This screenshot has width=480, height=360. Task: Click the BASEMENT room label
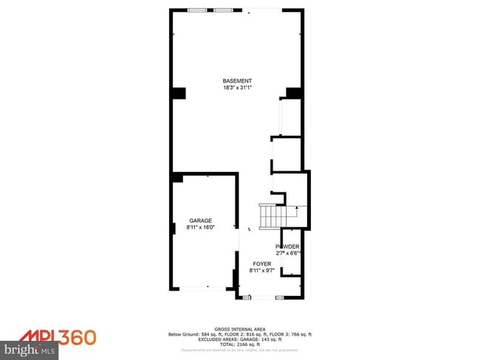[237, 81]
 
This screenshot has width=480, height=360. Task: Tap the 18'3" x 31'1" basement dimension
[237, 89]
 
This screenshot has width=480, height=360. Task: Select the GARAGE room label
[200, 221]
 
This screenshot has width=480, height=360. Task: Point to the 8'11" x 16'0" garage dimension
[200, 228]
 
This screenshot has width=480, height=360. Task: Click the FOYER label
[262, 264]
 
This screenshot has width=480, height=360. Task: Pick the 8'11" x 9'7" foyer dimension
[262, 271]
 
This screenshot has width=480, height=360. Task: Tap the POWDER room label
[287, 246]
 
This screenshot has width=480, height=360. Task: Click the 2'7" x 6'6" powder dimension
[287, 254]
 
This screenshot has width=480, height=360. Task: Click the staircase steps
[272, 216]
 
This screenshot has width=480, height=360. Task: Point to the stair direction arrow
[296, 210]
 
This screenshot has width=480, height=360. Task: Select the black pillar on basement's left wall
[179, 93]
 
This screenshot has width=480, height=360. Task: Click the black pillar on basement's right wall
[294, 93]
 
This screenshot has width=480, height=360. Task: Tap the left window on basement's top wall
[197, 10]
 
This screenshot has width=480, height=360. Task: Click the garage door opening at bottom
[201, 289]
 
